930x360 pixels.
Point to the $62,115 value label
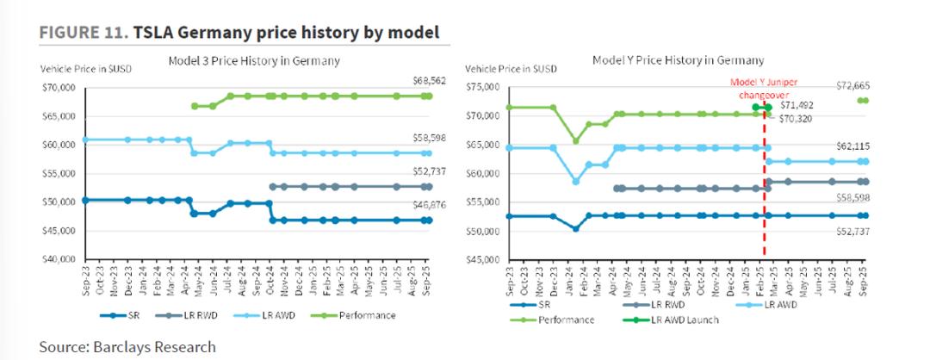click(850, 146)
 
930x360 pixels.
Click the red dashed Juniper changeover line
click(765, 189)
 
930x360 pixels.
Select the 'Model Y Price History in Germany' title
click(679, 60)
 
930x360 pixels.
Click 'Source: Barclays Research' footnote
click(127, 346)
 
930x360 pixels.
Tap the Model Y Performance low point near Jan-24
click(575, 141)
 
